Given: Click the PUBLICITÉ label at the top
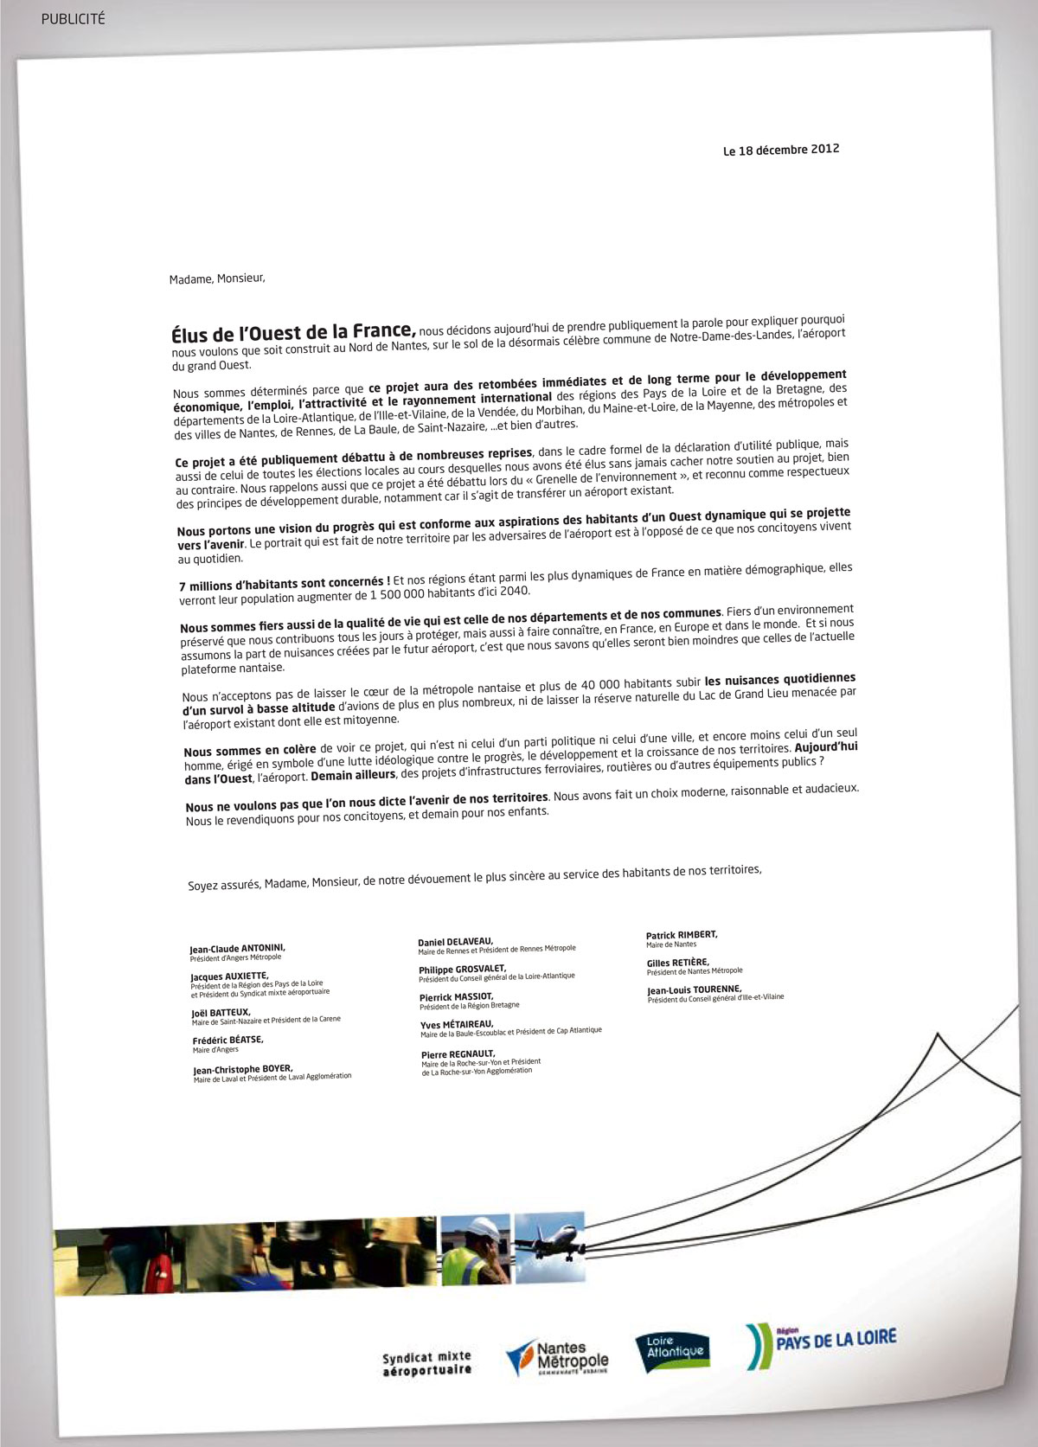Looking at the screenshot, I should point(73,18).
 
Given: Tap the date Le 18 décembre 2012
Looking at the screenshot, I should point(781,150).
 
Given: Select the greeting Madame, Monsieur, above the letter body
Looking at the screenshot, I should point(217,279).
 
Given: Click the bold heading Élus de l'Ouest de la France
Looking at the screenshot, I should point(293,332).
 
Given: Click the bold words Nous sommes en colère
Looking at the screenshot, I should point(250,750).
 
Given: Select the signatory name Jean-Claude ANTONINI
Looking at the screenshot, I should point(237,948).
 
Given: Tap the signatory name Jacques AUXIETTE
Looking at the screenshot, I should point(229,976).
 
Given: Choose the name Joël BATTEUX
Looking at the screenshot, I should point(221,1012).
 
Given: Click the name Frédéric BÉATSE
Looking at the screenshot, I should point(227,1040).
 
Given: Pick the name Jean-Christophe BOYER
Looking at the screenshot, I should point(242,1069).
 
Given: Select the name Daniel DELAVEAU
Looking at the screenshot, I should point(455,941).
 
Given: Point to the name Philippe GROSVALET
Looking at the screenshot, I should point(462,969).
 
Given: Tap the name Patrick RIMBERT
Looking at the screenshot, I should point(682,934).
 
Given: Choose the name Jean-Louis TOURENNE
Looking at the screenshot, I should point(694,989).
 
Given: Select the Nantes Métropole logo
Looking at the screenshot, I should point(558,1355).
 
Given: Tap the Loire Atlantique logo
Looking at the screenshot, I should point(674,1350).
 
